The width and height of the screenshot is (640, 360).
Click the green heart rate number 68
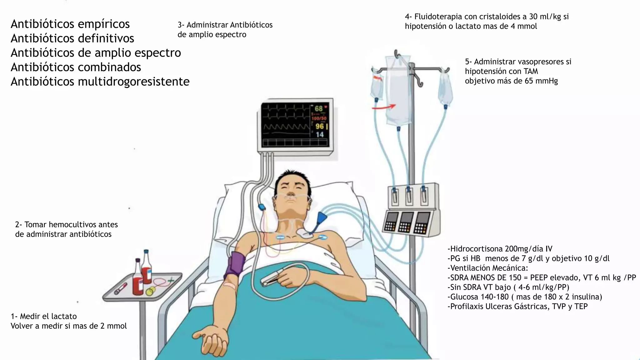(x=318, y=109)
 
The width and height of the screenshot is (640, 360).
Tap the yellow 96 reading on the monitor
(x=319, y=126)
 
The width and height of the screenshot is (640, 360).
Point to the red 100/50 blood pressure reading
(x=319, y=118)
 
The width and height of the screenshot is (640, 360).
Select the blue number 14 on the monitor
(x=319, y=135)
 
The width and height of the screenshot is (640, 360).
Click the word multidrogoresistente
(x=133, y=82)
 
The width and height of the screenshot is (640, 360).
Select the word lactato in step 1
(x=64, y=316)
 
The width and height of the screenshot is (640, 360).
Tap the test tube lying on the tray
(x=120, y=288)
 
